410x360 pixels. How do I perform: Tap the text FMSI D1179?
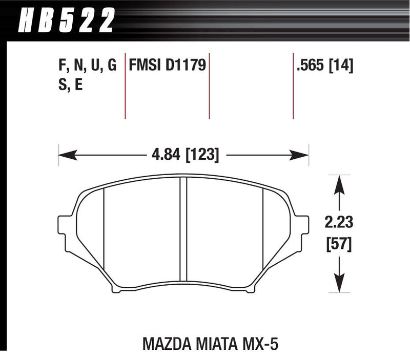coord(167,66)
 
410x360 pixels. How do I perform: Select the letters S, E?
coord(71,85)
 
